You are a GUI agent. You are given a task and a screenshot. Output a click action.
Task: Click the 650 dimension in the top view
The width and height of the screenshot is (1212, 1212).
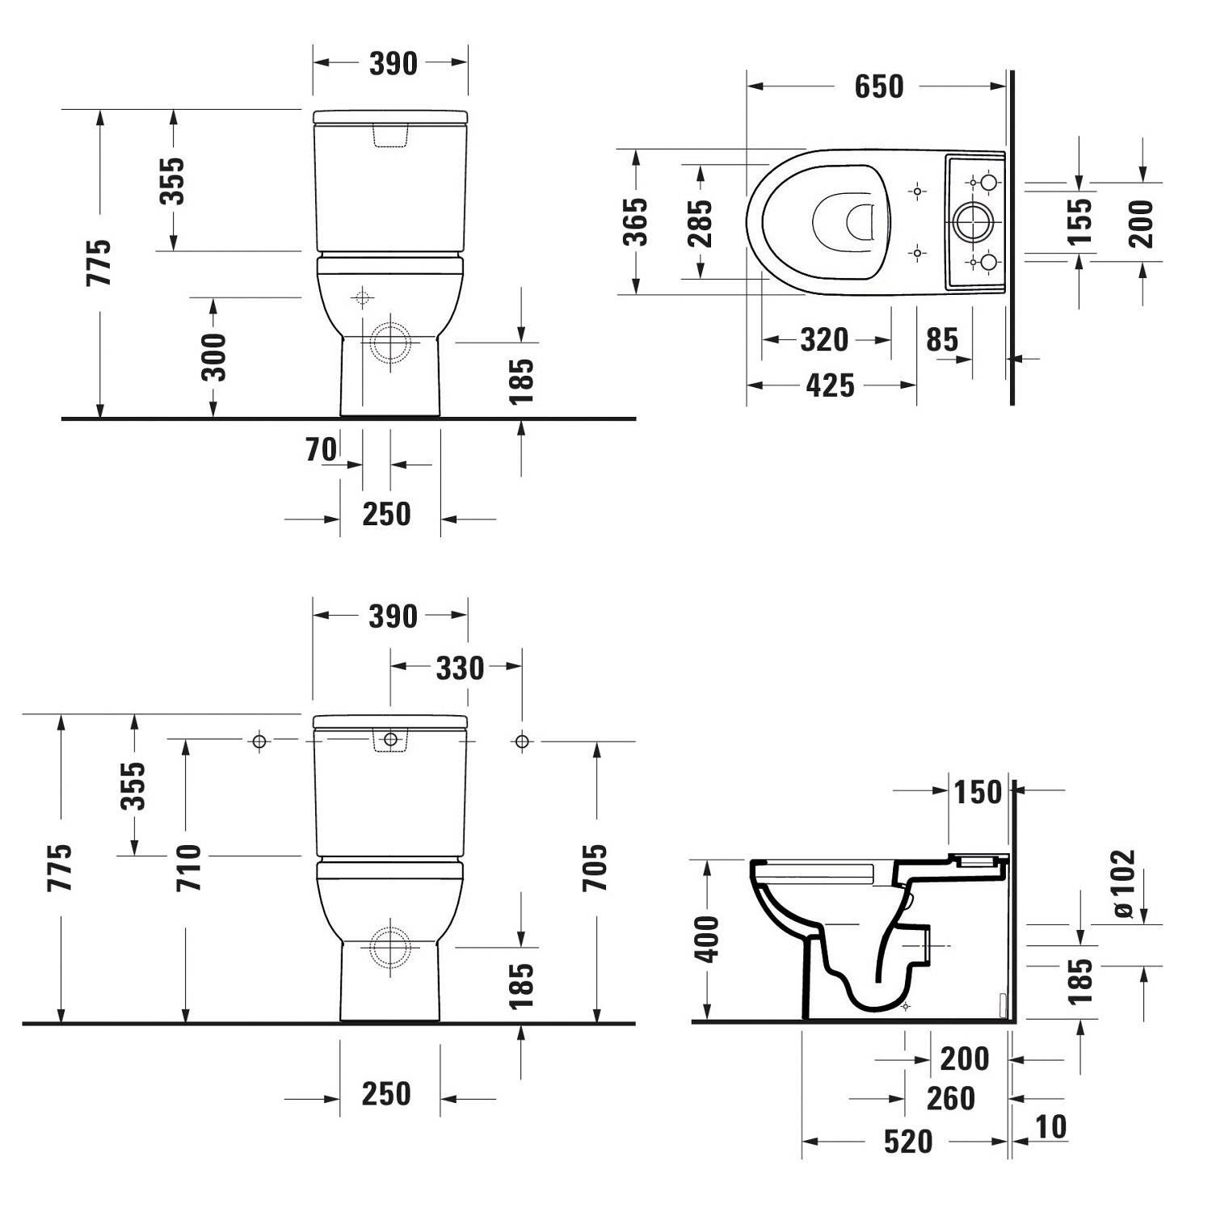[878, 86]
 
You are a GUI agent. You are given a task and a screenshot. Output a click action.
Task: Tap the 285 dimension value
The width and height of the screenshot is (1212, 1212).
[700, 223]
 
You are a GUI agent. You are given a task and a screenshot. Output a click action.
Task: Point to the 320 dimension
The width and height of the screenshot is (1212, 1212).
[824, 340]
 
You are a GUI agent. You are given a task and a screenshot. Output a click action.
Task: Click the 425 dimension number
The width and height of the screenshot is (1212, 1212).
[830, 385]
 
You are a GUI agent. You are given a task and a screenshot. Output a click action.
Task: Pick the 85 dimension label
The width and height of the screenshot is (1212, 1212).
[942, 340]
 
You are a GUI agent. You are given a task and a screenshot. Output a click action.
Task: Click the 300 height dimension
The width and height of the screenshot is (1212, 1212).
[215, 357]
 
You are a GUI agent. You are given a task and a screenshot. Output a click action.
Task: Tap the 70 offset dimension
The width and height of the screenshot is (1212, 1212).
[321, 449]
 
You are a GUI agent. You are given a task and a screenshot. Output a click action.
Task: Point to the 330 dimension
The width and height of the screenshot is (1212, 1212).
[460, 668]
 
